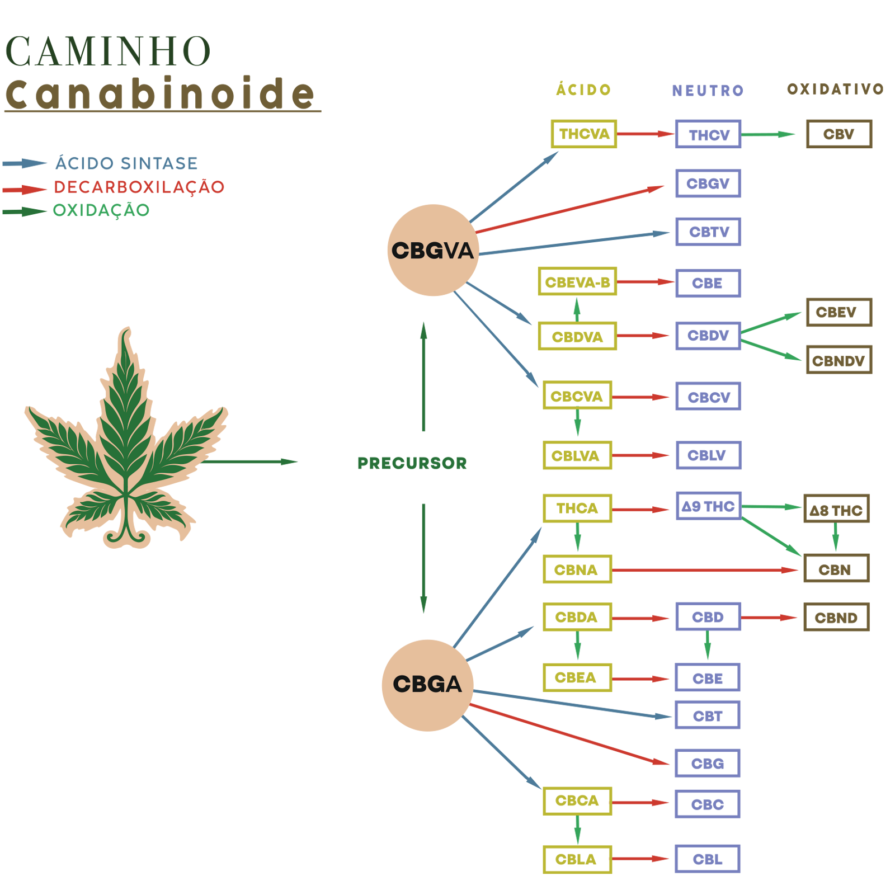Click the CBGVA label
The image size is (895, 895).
click(x=432, y=251)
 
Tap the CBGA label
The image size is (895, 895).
click(x=427, y=684)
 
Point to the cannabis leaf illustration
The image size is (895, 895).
click(x=126, y=442)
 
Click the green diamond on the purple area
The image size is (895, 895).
click(x=707, y=646)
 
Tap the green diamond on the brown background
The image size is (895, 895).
click(x=835, y=538)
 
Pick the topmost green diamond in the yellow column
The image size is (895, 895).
click(x=577, y=309)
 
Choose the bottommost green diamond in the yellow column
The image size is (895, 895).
click(x=577, y=830)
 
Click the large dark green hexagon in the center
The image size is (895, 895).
click(x=369, y=464)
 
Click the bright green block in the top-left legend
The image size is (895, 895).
click(x=109, y=241)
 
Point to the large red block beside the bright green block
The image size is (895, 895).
click(x=224, y=235)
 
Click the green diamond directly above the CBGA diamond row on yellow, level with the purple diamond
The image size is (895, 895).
click(x=577, y=646)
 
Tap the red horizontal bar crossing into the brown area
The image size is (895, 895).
click(x=727, y=565)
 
